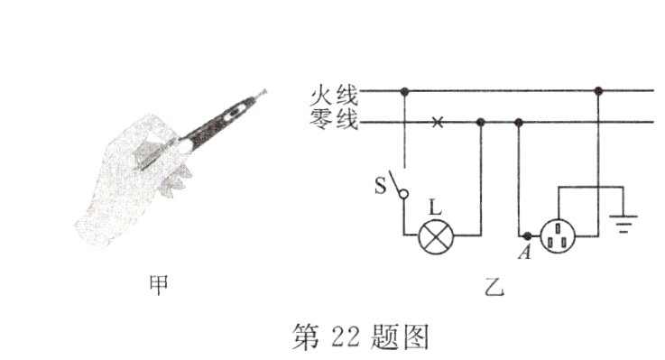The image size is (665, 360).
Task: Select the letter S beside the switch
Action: (381, 188)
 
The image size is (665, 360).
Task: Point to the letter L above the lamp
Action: (436, 208)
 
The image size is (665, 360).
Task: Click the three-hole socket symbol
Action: (558, 235)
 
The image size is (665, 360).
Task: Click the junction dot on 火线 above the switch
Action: (405, 91)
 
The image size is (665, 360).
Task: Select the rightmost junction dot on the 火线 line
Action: (598, 91)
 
